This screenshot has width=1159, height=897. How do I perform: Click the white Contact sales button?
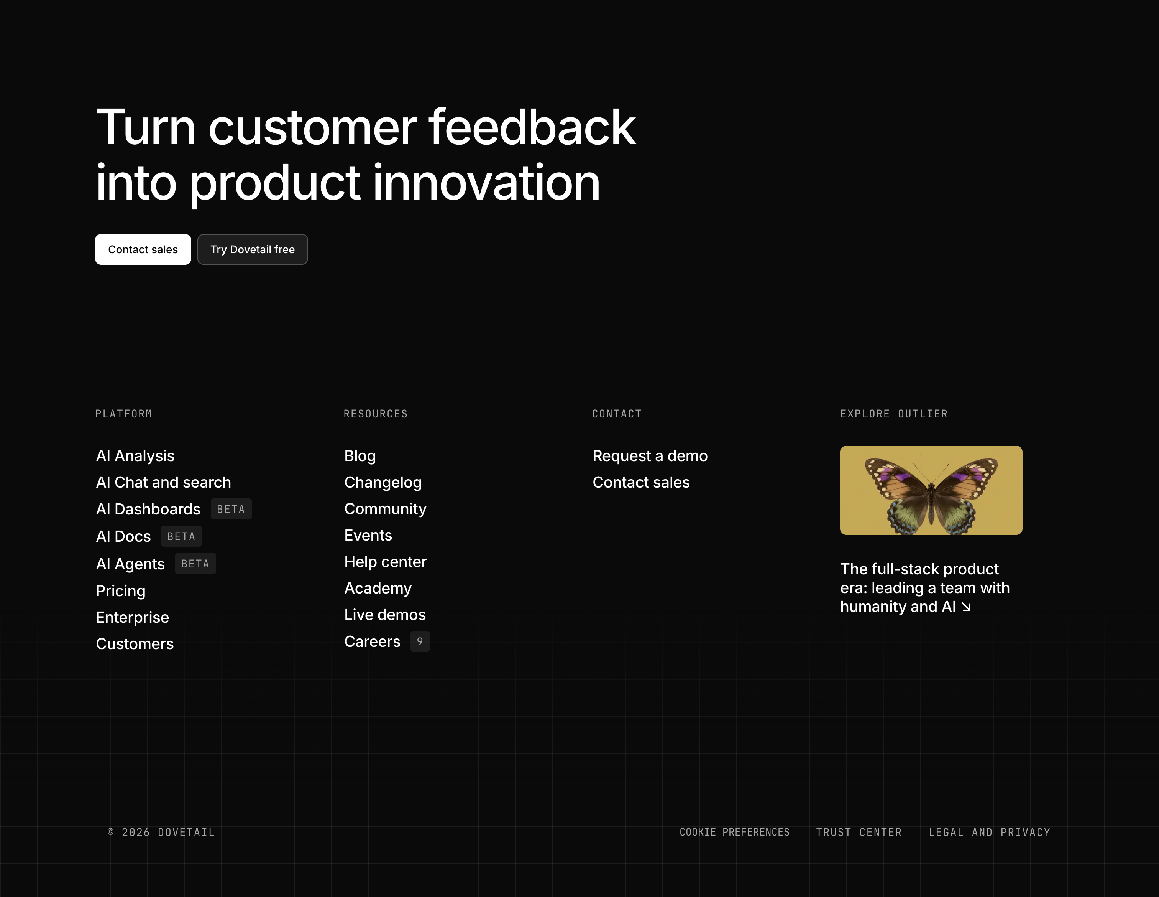pos(143,249)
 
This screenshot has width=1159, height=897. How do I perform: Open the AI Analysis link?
pos(135,456)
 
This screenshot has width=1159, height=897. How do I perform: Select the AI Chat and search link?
pos(163,482)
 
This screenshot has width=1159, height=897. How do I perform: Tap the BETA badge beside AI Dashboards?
pos(231,509)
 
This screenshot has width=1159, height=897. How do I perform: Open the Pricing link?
pos(120,590)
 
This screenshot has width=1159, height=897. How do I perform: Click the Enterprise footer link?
pos(133,617)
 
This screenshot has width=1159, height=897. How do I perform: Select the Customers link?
pos(135,644)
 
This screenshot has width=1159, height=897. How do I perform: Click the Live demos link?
pos(385,615)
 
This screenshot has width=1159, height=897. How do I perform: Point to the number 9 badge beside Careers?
pos(420,641)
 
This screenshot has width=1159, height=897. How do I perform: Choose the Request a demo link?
pos(650,456)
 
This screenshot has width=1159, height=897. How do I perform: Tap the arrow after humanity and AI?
pos(966,607)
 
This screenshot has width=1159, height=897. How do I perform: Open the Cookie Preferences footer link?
pos(734,832)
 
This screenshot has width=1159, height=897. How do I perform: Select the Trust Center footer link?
pos(859,832)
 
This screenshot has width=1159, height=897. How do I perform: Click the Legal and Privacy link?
pos(989,832)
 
